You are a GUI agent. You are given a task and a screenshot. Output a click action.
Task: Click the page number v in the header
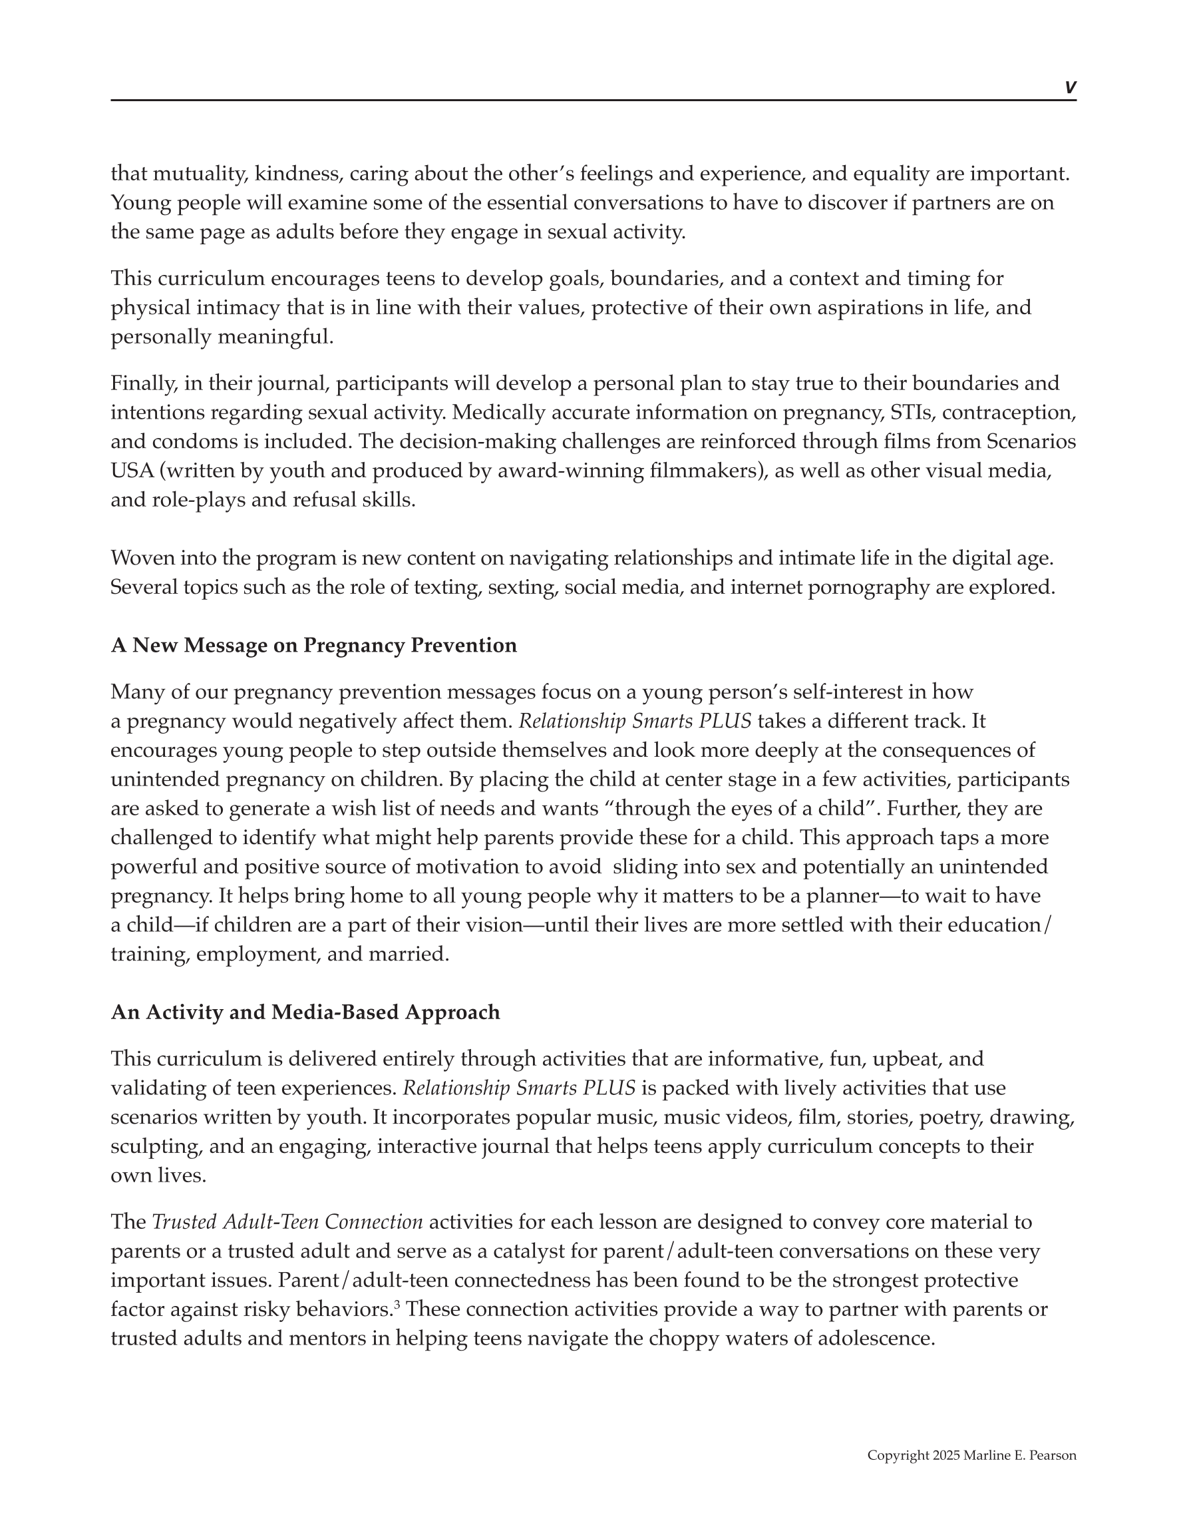click(x=1069, y=87)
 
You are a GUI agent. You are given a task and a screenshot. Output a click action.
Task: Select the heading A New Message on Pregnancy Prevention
click(x=313, y=645)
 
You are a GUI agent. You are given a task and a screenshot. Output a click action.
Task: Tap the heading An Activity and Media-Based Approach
click(x=305, y=1012)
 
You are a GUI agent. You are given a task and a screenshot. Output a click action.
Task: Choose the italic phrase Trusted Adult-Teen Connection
click(x=287, y=1221)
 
